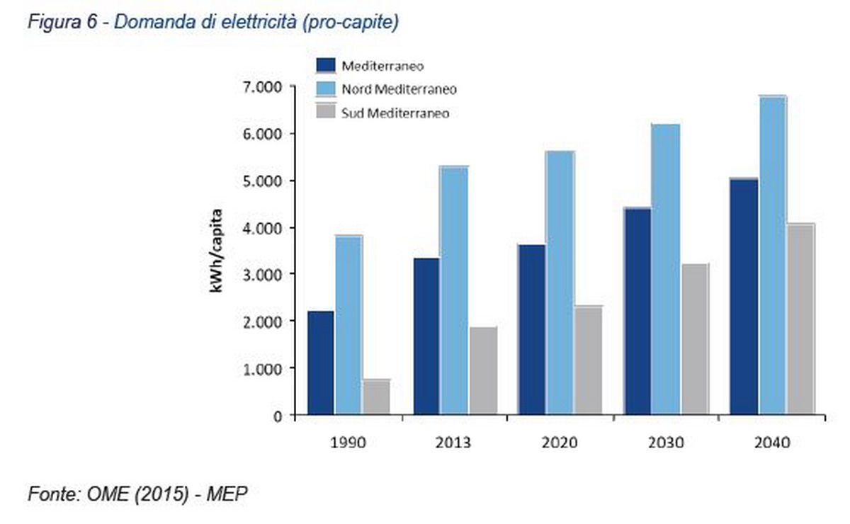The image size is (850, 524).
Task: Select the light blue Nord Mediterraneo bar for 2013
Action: point(454,290)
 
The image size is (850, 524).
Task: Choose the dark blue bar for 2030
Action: point(637,311)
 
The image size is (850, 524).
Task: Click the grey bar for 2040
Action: point(800,319)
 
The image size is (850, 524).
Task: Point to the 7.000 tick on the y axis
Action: point(263,86)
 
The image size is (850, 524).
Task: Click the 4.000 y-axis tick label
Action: point(263,227)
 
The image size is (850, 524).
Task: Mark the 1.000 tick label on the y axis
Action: point(263,368)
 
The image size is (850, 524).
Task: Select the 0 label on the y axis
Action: point(279,416)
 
